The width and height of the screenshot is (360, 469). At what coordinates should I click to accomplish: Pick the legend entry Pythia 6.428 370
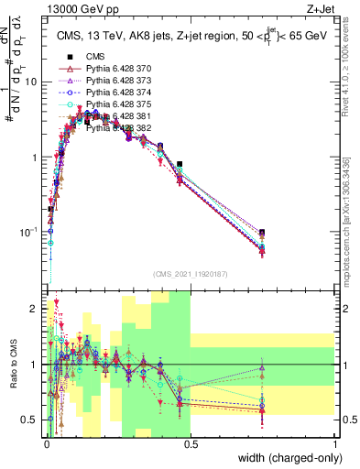[x=115, y=69]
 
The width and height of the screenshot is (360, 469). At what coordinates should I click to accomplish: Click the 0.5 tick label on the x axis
[x=190, y=443]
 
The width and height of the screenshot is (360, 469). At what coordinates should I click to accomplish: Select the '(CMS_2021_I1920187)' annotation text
[x=191, y=274]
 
